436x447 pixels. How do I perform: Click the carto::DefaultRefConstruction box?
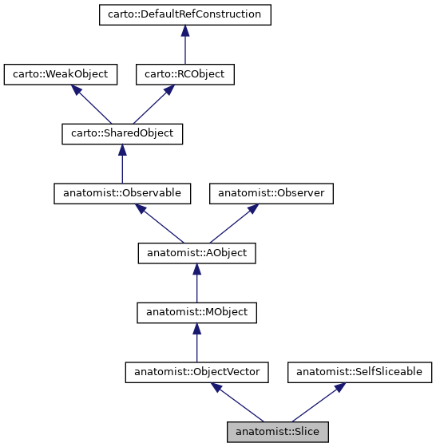click(x=184, y=14)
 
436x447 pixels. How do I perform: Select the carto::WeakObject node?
click(x=61, y=74)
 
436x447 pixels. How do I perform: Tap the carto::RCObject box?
click(x=184, y=74)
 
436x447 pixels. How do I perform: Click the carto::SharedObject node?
click(x=122, y=133)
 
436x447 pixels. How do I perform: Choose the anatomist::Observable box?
click(x=122, y=192)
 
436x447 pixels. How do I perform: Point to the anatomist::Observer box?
click(x=271, y=192)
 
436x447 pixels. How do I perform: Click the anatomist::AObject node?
click(x=196, y=253)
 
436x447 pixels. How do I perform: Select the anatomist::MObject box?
click(x=196, y=312)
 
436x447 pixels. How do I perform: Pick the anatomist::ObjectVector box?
click(x=196, y=372)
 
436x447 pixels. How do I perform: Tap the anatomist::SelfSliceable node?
click(x=359, y=372)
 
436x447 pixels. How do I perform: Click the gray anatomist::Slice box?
click(x=278, y=432)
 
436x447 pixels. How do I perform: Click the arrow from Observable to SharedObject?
click(x=122, y=163)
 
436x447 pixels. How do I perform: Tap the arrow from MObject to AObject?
click(x=196, y=283)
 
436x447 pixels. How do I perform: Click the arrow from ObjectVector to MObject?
click(x=196, y=342)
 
